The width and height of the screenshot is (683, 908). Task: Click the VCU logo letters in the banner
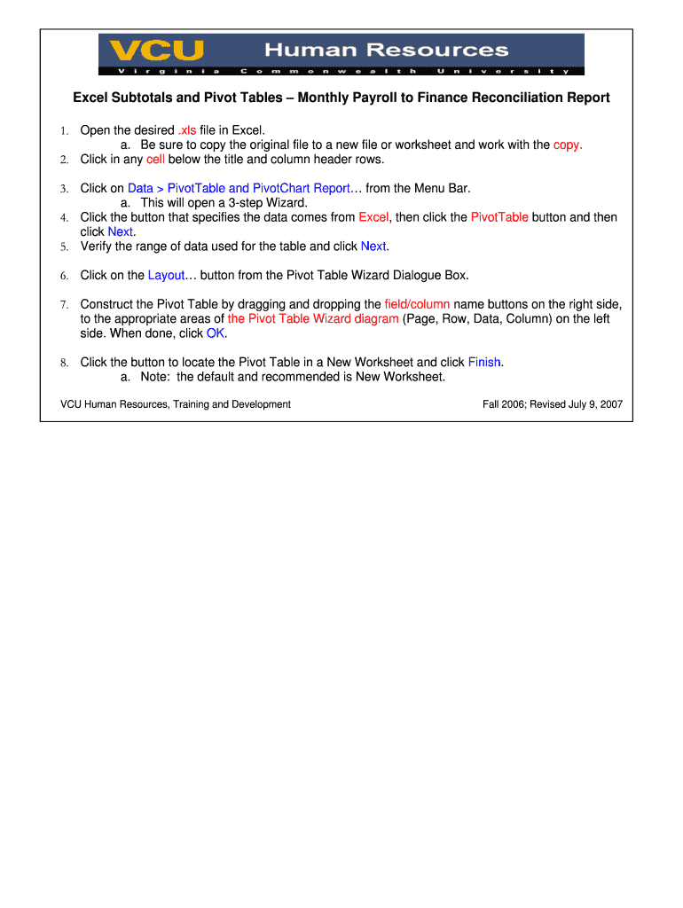[x=152, y=50]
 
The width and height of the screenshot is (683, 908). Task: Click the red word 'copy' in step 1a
[x=567, y=145]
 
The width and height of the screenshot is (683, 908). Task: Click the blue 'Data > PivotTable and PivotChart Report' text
[x=239, y=188]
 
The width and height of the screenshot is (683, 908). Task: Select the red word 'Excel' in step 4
[x=373, y=217]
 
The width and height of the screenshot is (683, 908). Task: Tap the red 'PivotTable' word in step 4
[x=499, y=217]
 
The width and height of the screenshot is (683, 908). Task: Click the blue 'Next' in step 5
[x=373, y=246]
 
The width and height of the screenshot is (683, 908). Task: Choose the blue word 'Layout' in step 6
[x=166, y=275]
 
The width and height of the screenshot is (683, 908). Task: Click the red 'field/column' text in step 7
[x=417, y=304]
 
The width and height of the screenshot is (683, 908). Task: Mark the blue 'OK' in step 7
[x=216, y=333]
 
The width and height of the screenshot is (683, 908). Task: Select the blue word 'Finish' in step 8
[x=484, y=362]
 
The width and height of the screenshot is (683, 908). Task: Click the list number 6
[x=64, y=276]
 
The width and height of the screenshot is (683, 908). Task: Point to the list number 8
[x=64, y=363]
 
